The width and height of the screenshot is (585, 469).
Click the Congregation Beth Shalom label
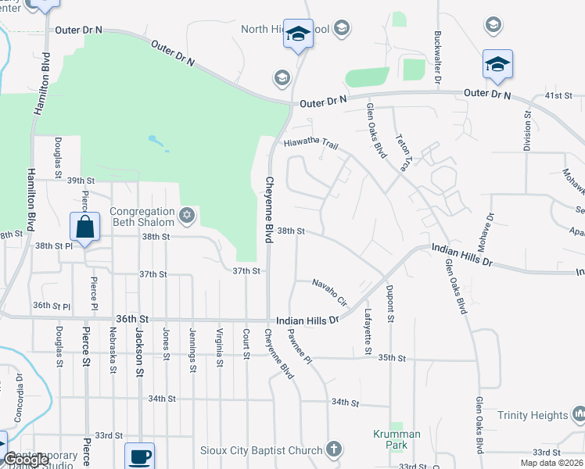pyautogui.click(x=142, y=217)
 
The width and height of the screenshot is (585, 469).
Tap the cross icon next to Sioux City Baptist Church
pyautogui.click(x=334, y=449)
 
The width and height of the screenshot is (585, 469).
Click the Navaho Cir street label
pyautogui.click(x=330, y=292)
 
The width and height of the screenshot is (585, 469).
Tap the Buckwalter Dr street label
pyautogui.click(x=438, y=59)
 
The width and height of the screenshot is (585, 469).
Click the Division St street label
pyautogui.click(x=527, y=130)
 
